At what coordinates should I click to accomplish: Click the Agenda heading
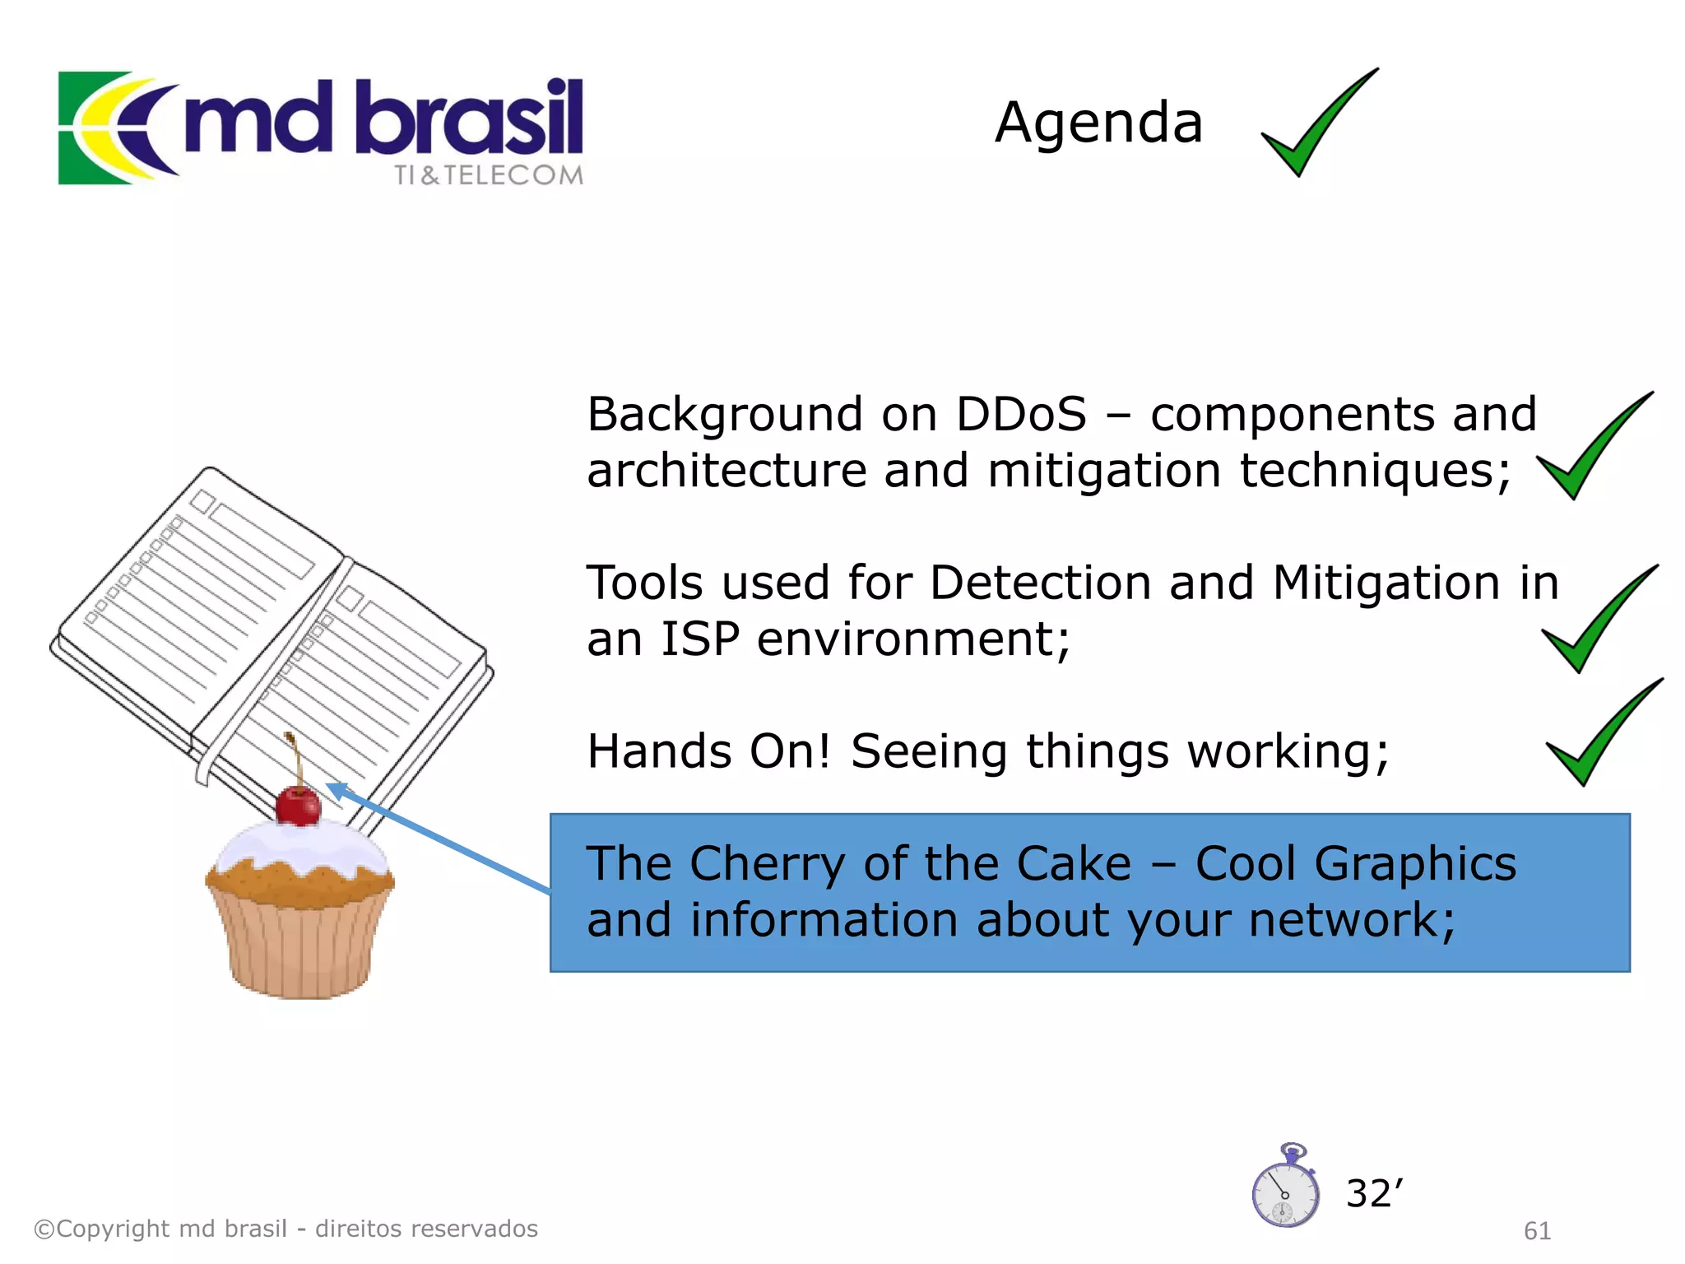(x=1098, y=123)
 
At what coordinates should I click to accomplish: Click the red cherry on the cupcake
(x=298, y=806)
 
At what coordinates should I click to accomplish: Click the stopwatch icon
(x=1285, y=1189)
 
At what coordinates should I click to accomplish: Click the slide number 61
(x=1537, y=1230)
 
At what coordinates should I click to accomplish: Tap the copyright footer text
(x=285, y=1229)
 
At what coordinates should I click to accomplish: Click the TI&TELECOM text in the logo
(x=488, y=175)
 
